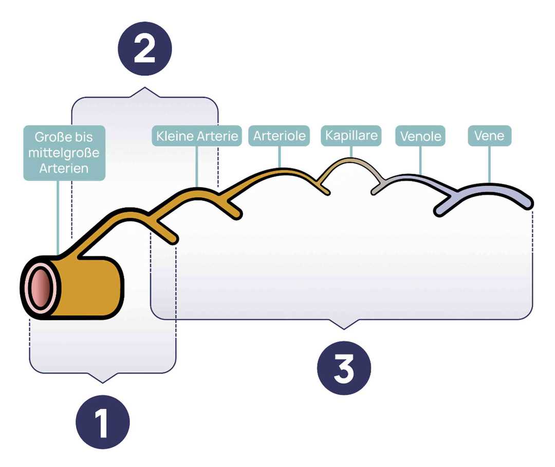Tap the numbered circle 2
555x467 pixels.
[x=144, y=50]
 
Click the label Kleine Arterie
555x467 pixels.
[x=197, y=137]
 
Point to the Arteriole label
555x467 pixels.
[x=280, y=136]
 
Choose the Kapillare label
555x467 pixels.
[x=351, y=136]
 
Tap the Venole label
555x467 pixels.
[x=420, y=137]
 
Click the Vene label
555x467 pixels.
[x=489, y=137]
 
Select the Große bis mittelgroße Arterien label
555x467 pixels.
[x=64, y=153]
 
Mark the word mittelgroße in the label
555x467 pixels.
[x=64, y=153]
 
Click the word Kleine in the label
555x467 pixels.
[x=174, y=137]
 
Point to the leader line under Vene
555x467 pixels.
[x=489, y=164]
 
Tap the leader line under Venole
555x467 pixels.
[x=420, y=160]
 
